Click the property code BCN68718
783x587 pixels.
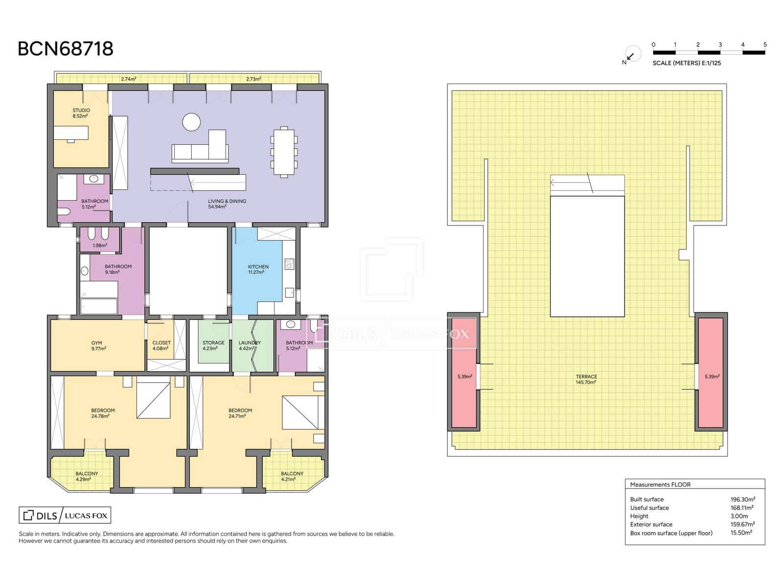[x=66, y=49]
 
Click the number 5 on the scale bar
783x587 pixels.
[x=765, y=45]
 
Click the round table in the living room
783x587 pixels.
[x=191, y=122]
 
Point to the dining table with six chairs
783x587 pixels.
[x=284, y=152]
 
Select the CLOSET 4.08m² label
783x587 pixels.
[x=161, y=345]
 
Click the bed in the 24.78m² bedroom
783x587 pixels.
[x=153, y=400]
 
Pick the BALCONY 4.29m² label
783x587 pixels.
[x=87, y=476]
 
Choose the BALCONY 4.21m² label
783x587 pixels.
[x=292, y=476]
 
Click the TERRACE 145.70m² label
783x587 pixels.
[x=586, y=379]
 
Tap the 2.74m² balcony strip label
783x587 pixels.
[x=128, y=79]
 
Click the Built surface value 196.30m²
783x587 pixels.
[x=742, y=499]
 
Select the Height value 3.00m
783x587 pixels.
[x=739, y=516]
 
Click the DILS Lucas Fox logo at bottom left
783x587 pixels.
[x=65, y=515]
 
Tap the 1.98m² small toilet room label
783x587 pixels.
[x=99, y=246]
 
